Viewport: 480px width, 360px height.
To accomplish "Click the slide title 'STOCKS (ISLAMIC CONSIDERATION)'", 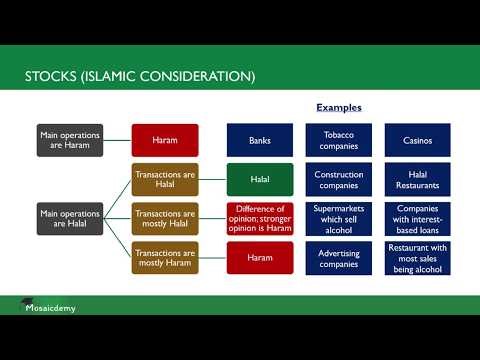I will tap(140, 76).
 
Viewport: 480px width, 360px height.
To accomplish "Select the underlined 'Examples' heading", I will tap(338, 107).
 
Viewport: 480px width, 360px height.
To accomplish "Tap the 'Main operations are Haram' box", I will tap(64, 140).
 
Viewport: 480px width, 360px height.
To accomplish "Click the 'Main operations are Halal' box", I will tap(64, 218).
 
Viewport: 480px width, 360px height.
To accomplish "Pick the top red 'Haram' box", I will tap(164, 140).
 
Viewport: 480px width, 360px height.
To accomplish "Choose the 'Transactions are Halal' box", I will tap(164, 180).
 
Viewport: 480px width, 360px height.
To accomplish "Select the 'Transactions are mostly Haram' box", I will tap(164, 258).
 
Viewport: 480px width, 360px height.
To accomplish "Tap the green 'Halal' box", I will tap(260, 180).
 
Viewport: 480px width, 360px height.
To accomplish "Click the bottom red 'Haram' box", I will tap(260, 258).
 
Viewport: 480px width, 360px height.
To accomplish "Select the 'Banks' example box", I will tap(260, 140).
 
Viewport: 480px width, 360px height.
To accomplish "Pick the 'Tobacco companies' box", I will tap(339, 140).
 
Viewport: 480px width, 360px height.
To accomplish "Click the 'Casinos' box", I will tap(417, 140).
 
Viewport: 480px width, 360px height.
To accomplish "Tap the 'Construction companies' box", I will tap(339, 180).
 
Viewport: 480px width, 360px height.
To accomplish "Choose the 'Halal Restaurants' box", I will tap(417, 180).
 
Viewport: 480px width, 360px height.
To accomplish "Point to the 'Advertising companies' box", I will tap(339, 258).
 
